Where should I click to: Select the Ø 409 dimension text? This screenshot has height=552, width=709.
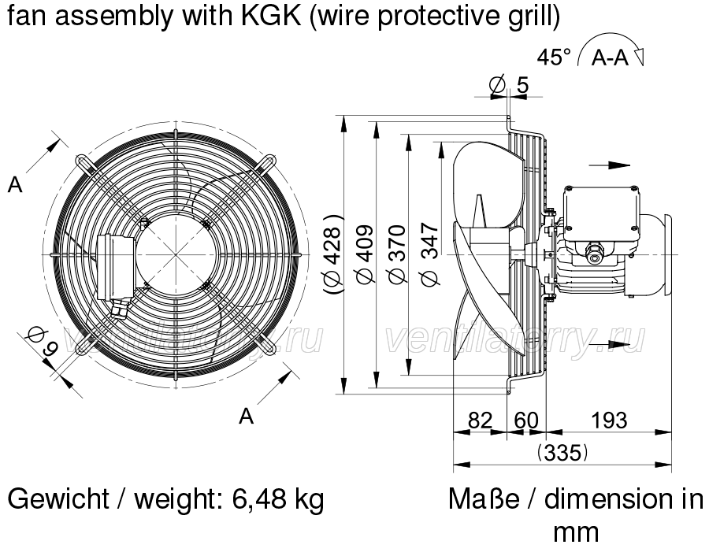click(366, 254)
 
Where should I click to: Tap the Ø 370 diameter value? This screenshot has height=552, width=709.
click(398, 254)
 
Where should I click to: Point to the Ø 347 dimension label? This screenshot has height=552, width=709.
click(430, 254)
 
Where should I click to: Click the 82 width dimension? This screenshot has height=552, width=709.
click(480, 420)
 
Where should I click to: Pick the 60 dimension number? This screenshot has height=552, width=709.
click(526, 420)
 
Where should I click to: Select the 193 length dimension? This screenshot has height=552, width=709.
click(610, 420)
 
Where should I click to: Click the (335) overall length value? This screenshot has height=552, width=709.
click(562, 452)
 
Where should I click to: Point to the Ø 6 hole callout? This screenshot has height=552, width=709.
click(43, 341)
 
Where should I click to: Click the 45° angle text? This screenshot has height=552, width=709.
click(554, 57)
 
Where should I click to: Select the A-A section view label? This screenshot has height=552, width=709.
click(610, 57)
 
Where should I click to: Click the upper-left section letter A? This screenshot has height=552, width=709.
click(15, 184)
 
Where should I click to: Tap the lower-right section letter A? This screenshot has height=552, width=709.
click(246, 416)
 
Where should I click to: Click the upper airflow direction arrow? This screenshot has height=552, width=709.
click(609, 165)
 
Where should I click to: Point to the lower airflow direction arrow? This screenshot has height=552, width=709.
click(609, 345)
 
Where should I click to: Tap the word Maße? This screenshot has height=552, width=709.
click(484, 499)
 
